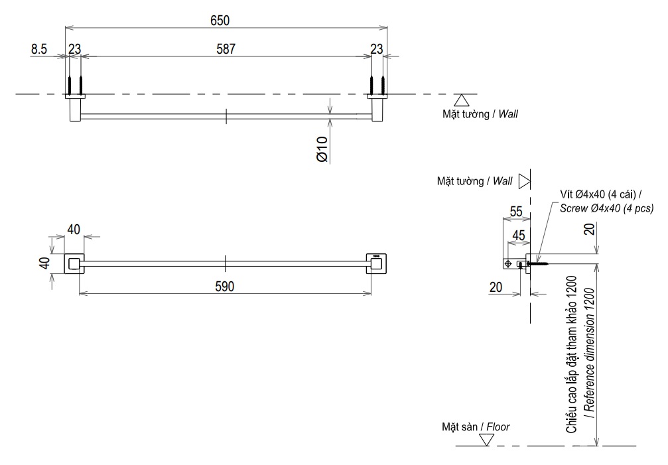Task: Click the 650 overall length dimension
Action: pos(220,21)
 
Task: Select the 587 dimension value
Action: pos(226,48)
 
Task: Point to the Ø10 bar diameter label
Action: pos(322,150)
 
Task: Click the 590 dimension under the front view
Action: pos(224,286)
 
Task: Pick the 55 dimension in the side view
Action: pos(516,212)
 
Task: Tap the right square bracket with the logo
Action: pos(377,263)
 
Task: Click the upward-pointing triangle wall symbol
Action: pos(462,100)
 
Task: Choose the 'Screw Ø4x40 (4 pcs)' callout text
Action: pos(607,208)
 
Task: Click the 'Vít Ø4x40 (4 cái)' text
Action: pos(598,194)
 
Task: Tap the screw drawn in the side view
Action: pos(539,263)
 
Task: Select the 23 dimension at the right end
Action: pos(377,48)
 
